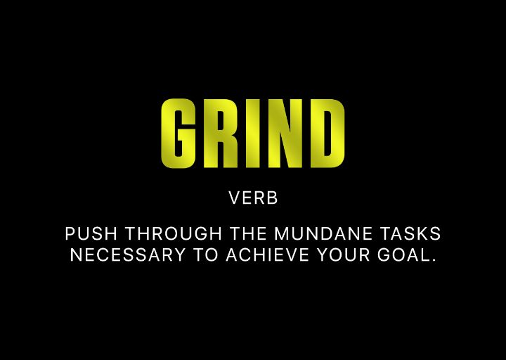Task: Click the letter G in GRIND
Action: click(177, 134)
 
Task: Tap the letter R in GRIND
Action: click(219, 134)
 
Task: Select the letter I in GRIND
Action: click(252, 134)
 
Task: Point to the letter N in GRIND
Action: click(283, 134)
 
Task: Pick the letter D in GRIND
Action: click(326, 134)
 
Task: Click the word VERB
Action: click(254, 199)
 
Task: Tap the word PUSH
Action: click(85, 233)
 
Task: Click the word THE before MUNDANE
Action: click(248, 233)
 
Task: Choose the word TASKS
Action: click(415, 233)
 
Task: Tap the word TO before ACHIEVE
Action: click(207, 255)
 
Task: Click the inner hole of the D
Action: click(327, 134)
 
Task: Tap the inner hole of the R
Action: click(221, 120)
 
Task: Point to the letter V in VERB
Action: click(234, 199)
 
